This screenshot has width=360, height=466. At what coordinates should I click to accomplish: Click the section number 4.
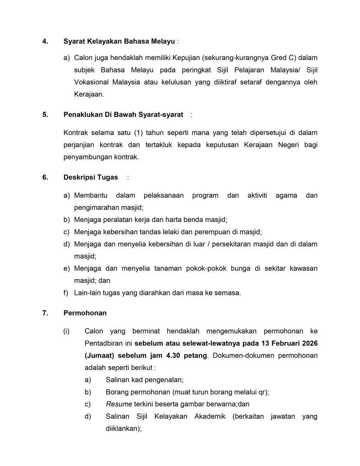pos(45,41)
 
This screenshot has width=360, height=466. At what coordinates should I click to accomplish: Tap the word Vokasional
pos(91,82)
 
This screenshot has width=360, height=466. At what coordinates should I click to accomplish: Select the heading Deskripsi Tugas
pos(91,177)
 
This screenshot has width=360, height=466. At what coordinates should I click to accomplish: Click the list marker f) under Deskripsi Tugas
pos(66,293)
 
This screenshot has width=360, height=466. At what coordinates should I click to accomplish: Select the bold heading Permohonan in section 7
pos(85,313)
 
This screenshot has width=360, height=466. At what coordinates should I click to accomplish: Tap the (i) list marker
pos(66,331)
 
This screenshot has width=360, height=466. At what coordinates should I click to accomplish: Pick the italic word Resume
pos(119,404)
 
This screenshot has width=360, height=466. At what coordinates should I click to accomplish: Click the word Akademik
pos(210,416)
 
